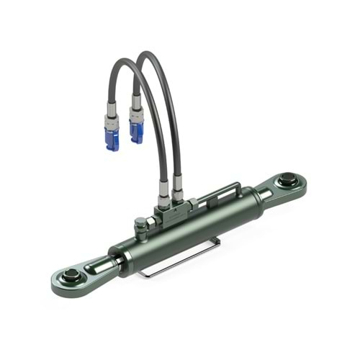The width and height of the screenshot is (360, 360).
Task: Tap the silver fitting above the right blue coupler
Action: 135,110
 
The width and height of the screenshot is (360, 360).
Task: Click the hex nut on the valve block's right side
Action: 191,207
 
